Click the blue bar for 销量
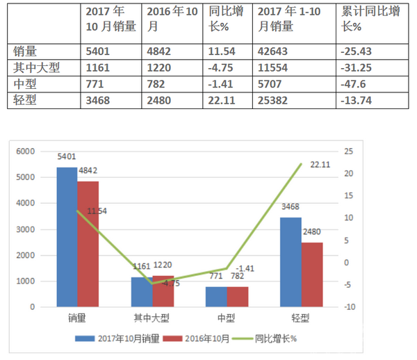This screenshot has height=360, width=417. pos(67,236)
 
